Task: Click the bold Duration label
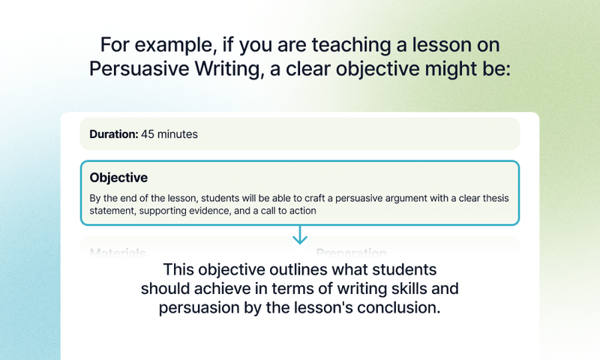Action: (x=113, y=135)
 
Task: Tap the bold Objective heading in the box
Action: (x=118, y=178)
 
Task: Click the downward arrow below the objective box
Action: (x=300, y=235)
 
